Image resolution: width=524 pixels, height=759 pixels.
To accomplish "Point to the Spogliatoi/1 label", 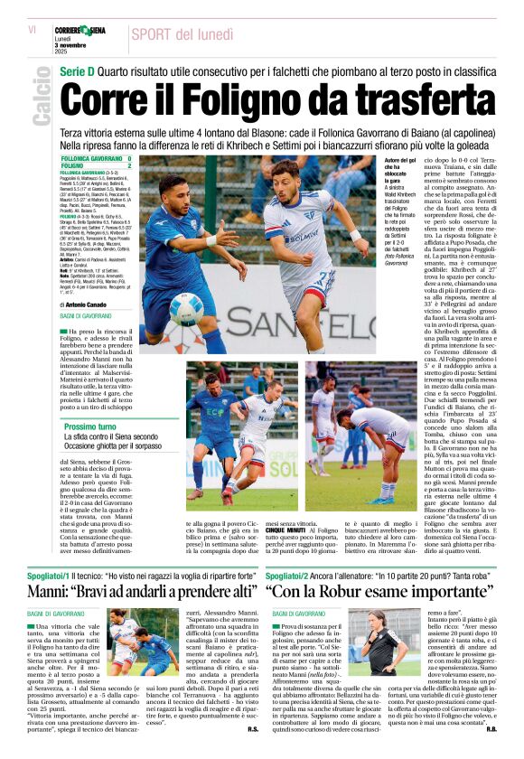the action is (56, 574).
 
